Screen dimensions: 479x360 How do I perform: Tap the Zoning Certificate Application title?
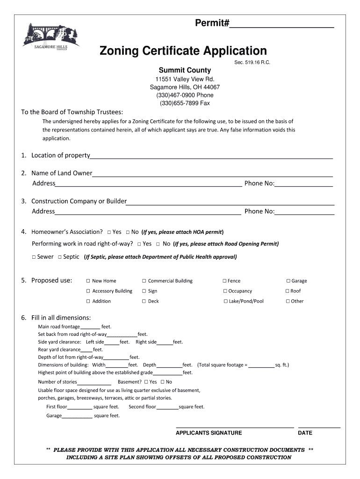coord(183,51)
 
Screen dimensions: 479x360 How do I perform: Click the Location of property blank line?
coord(211,156)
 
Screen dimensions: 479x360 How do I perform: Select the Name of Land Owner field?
coord(212,174)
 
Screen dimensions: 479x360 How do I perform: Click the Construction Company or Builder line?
coord(230,202)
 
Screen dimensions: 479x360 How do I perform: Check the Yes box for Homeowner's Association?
coord(109,232)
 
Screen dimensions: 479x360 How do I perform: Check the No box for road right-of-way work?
coord(158,244)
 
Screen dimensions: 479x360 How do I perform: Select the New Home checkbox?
coord(88,281)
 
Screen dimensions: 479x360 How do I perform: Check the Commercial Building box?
coord(144,281)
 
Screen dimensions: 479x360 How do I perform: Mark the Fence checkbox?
coord(224,281)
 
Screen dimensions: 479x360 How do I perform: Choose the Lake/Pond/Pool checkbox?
coord(225,302)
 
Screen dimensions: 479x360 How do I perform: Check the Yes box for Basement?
coord(146,382)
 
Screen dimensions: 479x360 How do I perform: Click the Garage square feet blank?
coord(77,416)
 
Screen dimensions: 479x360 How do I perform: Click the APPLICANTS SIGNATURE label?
coord(209,433)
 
